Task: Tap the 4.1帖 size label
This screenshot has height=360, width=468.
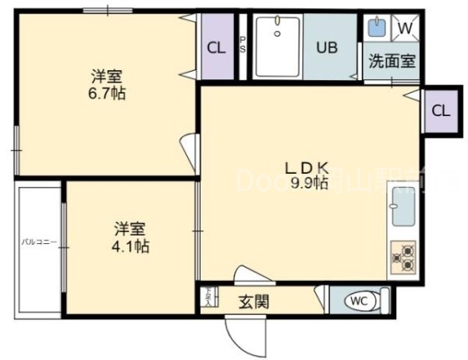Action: coord(132,246)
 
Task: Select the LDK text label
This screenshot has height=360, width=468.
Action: coord(308,166)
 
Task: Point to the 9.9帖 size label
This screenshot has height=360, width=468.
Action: coord(308,183)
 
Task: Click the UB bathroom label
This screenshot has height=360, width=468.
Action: coord(327,47)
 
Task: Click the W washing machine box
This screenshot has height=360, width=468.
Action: coord(404,28)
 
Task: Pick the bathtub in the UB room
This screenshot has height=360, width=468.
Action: coord(277,47)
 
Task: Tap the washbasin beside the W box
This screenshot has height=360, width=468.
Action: coord(377,28)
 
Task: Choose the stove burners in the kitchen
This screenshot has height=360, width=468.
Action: coord(403,257)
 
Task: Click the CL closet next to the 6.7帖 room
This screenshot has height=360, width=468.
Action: coord(216,48)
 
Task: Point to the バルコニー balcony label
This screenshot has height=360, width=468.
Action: coord(38,242)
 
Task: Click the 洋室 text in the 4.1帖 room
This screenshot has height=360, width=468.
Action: coord(130,227)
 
